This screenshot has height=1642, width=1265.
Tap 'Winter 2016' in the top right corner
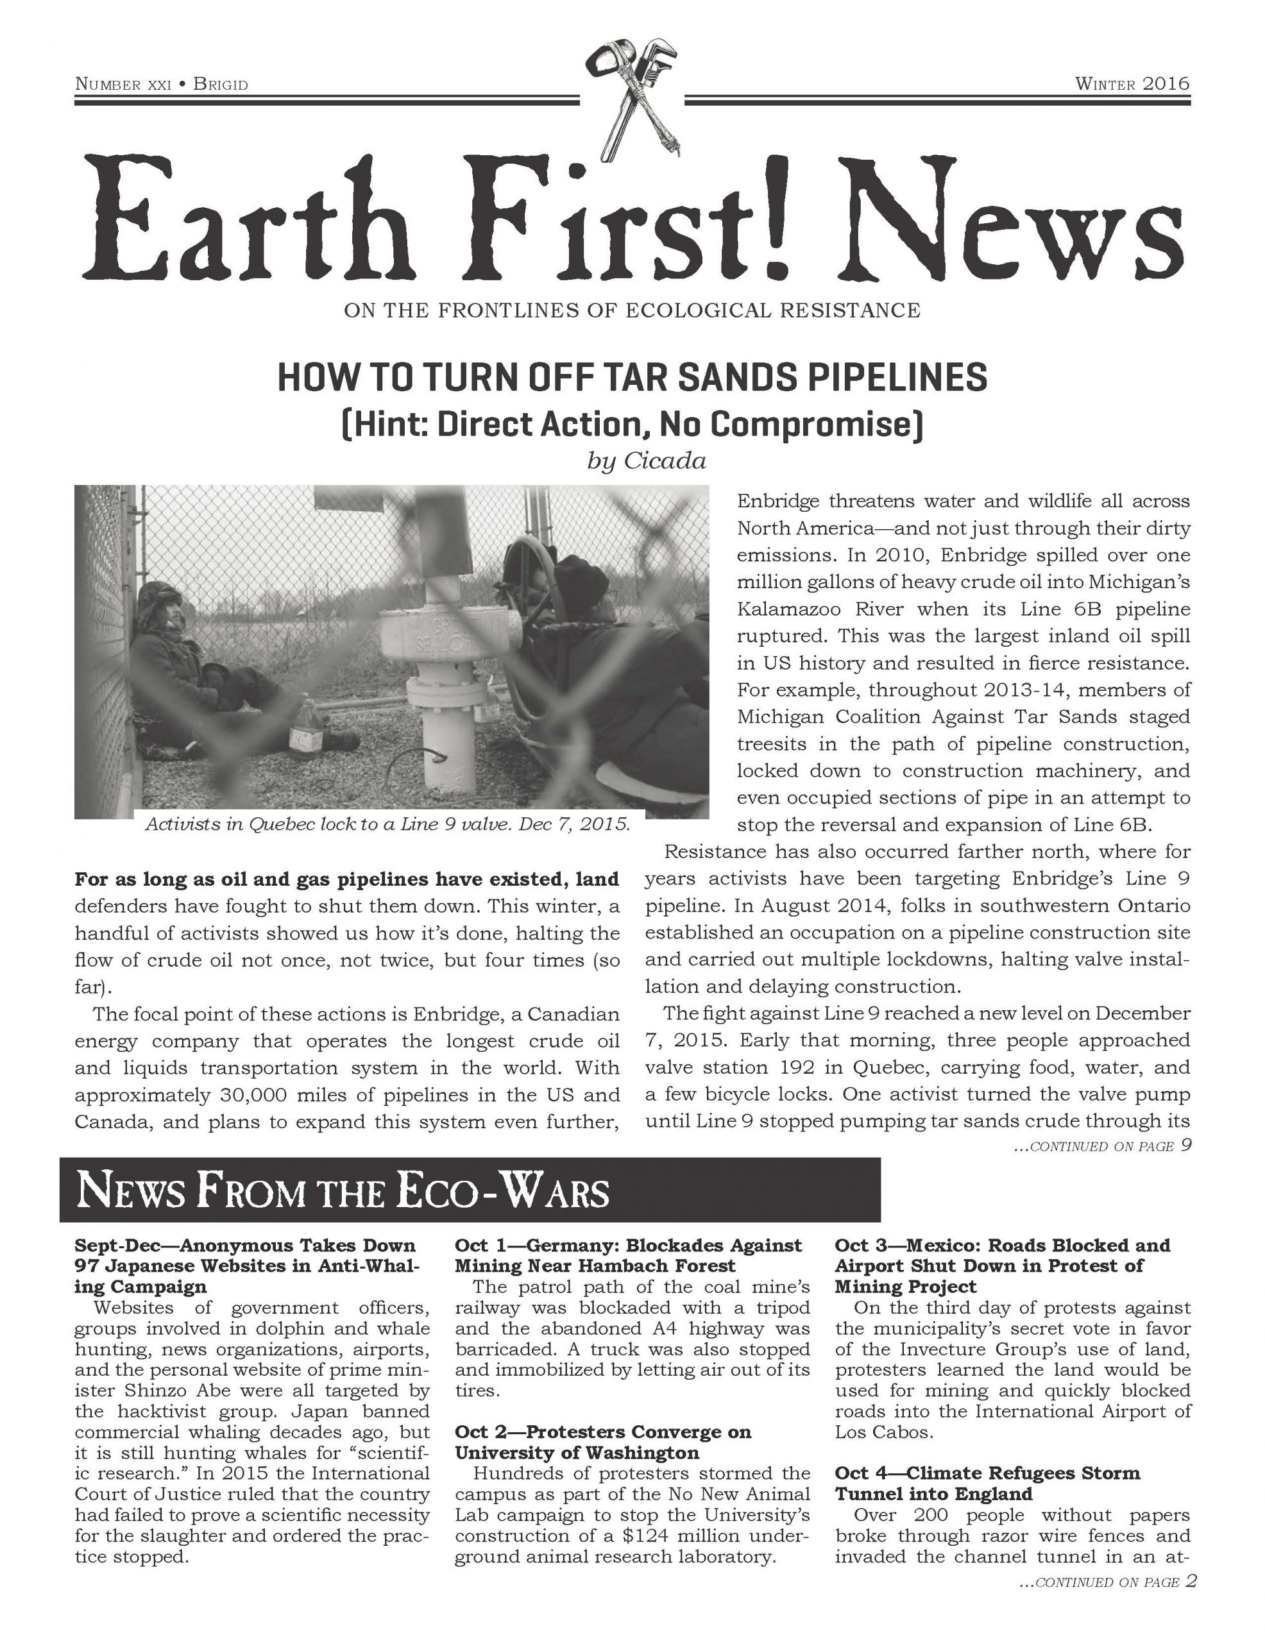pyautogui.click(x=1132, y=83)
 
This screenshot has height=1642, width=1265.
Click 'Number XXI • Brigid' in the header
pyautogui.click(x=162, y=84)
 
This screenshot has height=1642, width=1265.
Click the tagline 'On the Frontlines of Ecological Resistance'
pyautogui.click(x=632, y=310)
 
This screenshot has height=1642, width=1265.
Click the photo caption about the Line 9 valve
pyautogui.click(x=387, y=824)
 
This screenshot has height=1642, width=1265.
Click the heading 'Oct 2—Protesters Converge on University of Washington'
pyautogui.click(x=602, y=1442)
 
